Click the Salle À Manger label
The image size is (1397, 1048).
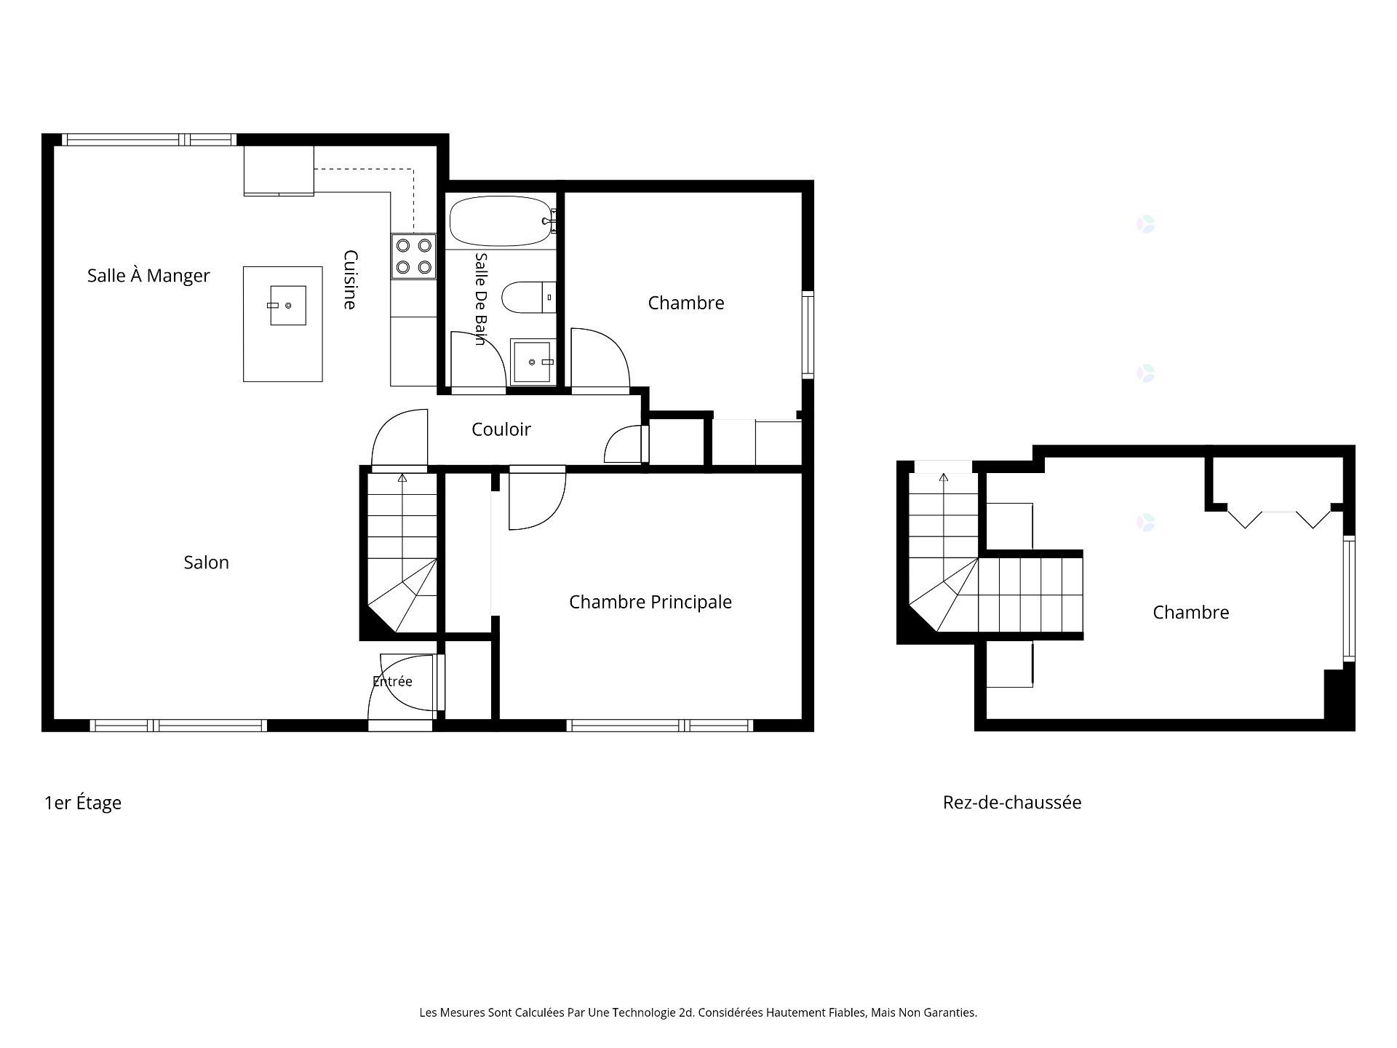tap(148, 276)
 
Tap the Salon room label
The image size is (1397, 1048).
tap(207, 563)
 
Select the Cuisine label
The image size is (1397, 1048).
tap(350, 279)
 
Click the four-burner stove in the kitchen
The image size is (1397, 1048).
tap(413, 256)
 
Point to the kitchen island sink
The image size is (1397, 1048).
tap(287, 306)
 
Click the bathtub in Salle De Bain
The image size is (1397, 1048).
tap(501, 221)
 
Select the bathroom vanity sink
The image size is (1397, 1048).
tap(533, 361)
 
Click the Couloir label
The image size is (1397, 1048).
tap(501, 429)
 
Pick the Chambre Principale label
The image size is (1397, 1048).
tap(650, 602)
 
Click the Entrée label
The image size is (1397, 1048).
tap(392, 681)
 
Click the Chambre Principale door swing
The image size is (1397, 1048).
tap(538, 498)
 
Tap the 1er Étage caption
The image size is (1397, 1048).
tap(83, 803)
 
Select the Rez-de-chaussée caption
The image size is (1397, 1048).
tap(1012, 802)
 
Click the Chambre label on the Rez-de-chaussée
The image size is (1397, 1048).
tap(1191, 613)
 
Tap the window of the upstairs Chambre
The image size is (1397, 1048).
tap(808, 334)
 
